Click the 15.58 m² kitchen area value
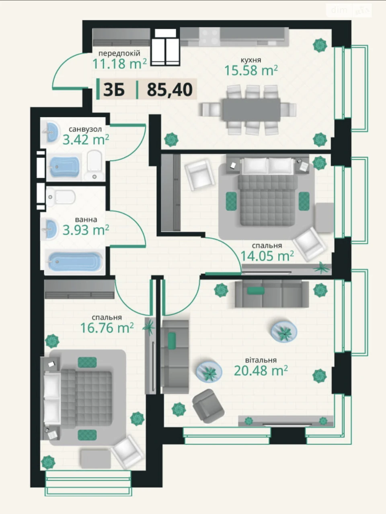tap(251, 70)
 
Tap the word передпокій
tap(119, 54)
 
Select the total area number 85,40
tap(170, 89)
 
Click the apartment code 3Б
tap(114, 89)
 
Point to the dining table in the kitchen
tap(251, 110)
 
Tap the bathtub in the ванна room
tap(75, 261)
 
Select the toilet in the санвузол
tap(94, 165)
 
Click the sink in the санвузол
tap(50, 133)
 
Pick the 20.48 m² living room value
tap(261, 370)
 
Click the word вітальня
tap(261, 360)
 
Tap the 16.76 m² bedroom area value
tap(107, 327)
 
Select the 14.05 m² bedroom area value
tap(267, 255)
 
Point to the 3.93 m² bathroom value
tap(86, 230)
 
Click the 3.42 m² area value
tap(86, 139)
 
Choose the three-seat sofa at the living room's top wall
tap(272, 294)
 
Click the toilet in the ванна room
tap(60, 197)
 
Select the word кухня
tap(251, 60)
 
